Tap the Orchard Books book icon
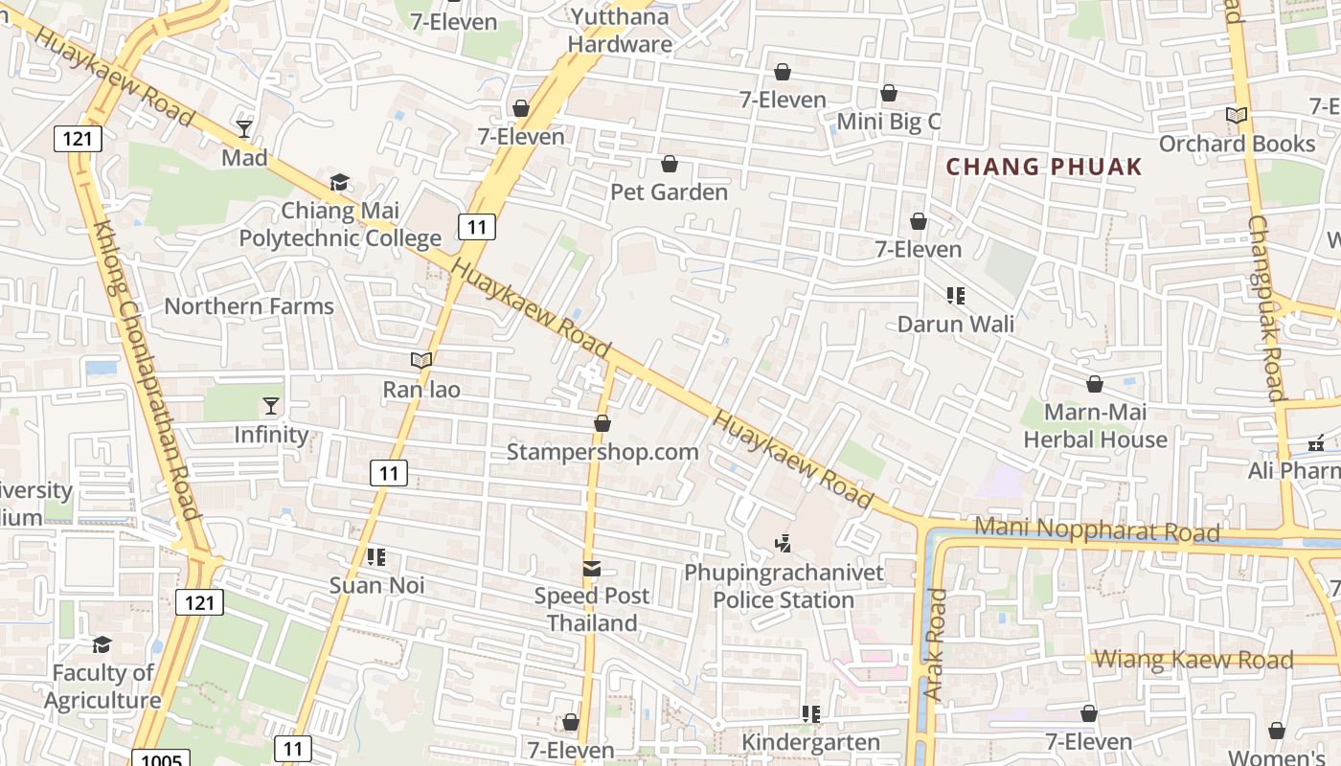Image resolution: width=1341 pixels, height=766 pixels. point(1237,116)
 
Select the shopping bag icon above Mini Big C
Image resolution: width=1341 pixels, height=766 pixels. point(889,93)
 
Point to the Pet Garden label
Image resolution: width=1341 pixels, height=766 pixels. point(670,192)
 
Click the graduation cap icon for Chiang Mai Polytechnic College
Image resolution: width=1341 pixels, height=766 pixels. point(339,182)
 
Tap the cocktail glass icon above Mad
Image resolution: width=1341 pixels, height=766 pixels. point(244,129)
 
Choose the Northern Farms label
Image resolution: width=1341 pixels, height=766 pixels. point(249,306)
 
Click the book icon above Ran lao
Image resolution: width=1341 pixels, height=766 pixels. point(421,361)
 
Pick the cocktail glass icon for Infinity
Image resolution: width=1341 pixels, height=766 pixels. point(271,407)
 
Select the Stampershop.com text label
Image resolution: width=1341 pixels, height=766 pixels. point(602,451)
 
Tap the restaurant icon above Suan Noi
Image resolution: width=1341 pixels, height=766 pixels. point(376,556)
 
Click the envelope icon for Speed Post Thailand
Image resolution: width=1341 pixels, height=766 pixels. point(592,569)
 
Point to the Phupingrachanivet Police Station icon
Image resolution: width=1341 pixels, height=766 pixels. point(783,544)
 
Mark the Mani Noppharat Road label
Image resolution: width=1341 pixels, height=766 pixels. point(1097,529)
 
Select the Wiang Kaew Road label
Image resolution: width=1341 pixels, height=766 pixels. point(1193,659)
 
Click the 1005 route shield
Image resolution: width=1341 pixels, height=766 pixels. point(159,759)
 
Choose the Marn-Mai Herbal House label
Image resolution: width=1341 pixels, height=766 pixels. point(1096,426)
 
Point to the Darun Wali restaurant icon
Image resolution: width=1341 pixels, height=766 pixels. point(955,296)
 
